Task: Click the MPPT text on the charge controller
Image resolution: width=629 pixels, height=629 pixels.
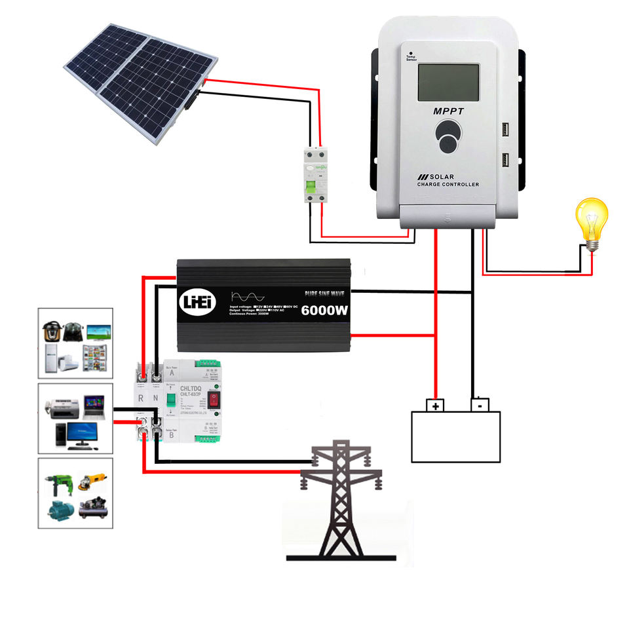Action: point(448,111)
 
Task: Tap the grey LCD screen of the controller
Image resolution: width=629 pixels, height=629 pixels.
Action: point(449,82)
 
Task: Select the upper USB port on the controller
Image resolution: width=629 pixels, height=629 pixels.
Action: point(506,130)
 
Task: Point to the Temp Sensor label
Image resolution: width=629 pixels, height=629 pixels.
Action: point(411,58)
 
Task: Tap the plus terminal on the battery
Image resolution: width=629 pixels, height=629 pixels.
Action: point(435,405)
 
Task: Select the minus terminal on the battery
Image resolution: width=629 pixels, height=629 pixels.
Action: point(480,404)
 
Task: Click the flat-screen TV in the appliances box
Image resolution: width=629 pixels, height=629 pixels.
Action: point(98,329)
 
